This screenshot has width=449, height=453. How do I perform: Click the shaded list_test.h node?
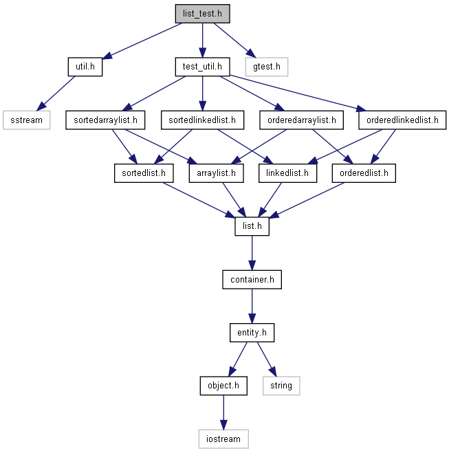point(202,14)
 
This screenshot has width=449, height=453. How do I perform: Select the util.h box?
point(85,67)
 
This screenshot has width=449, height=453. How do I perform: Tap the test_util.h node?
point(202,67)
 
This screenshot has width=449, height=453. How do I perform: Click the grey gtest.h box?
point(267,67)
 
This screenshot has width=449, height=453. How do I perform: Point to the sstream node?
point(27,120)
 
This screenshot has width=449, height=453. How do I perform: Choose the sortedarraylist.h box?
point(105,120)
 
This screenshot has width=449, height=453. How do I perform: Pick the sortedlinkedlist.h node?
point(202,120)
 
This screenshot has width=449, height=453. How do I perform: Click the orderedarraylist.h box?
point(302,120)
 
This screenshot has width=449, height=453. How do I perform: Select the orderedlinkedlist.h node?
point(402,120)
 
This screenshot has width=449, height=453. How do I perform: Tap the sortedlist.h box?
point(144,173)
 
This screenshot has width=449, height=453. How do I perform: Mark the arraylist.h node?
point(217,173)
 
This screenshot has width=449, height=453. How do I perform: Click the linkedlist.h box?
point(288,173)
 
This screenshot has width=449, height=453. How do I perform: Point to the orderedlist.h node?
point(364,173)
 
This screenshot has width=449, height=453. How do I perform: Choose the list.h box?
point(252,226)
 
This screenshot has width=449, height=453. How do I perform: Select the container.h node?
point(252,279)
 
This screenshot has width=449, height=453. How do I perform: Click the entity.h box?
point(252,333)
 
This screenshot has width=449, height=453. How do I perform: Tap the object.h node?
point(223,386)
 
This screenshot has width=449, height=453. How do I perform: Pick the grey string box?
point(281,386)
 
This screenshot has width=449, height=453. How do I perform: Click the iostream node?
point(223,439)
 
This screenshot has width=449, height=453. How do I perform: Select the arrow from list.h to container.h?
point(252,253)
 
